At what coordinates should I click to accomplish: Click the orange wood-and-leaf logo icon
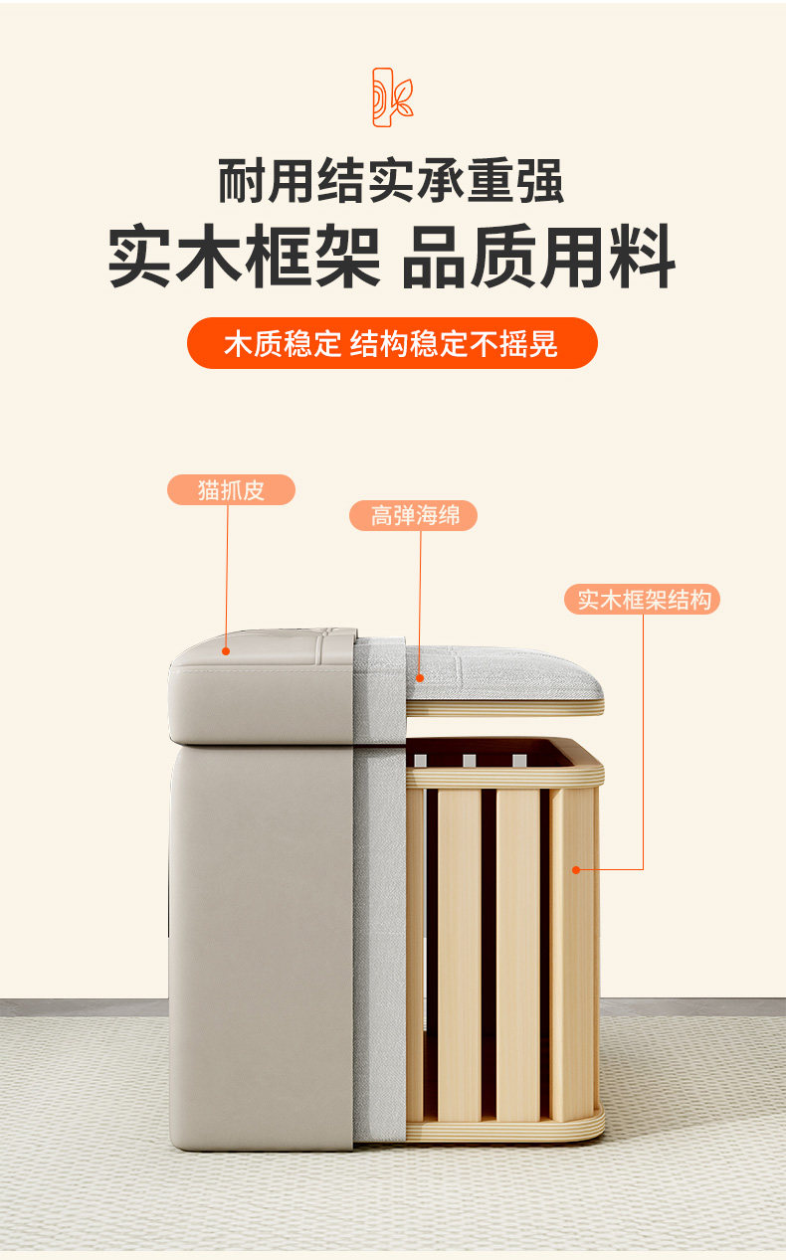392,96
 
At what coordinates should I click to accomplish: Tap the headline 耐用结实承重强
392,181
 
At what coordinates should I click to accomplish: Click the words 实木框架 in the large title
244,256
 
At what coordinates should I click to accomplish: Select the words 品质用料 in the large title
538,256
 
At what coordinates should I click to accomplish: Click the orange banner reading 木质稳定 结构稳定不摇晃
392,343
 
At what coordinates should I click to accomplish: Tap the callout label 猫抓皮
231,490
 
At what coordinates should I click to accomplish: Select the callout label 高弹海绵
414,515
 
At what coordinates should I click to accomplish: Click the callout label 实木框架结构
642,599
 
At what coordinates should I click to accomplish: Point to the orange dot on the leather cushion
226,651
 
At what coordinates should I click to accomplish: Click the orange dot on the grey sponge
419,678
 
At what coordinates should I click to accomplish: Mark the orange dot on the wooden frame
576,869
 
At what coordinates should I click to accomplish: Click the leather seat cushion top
263,686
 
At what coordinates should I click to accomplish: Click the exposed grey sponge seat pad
503,672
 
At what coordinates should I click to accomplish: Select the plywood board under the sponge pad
504,708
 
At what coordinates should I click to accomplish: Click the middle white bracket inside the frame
470,761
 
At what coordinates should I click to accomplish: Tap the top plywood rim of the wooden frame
504,777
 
